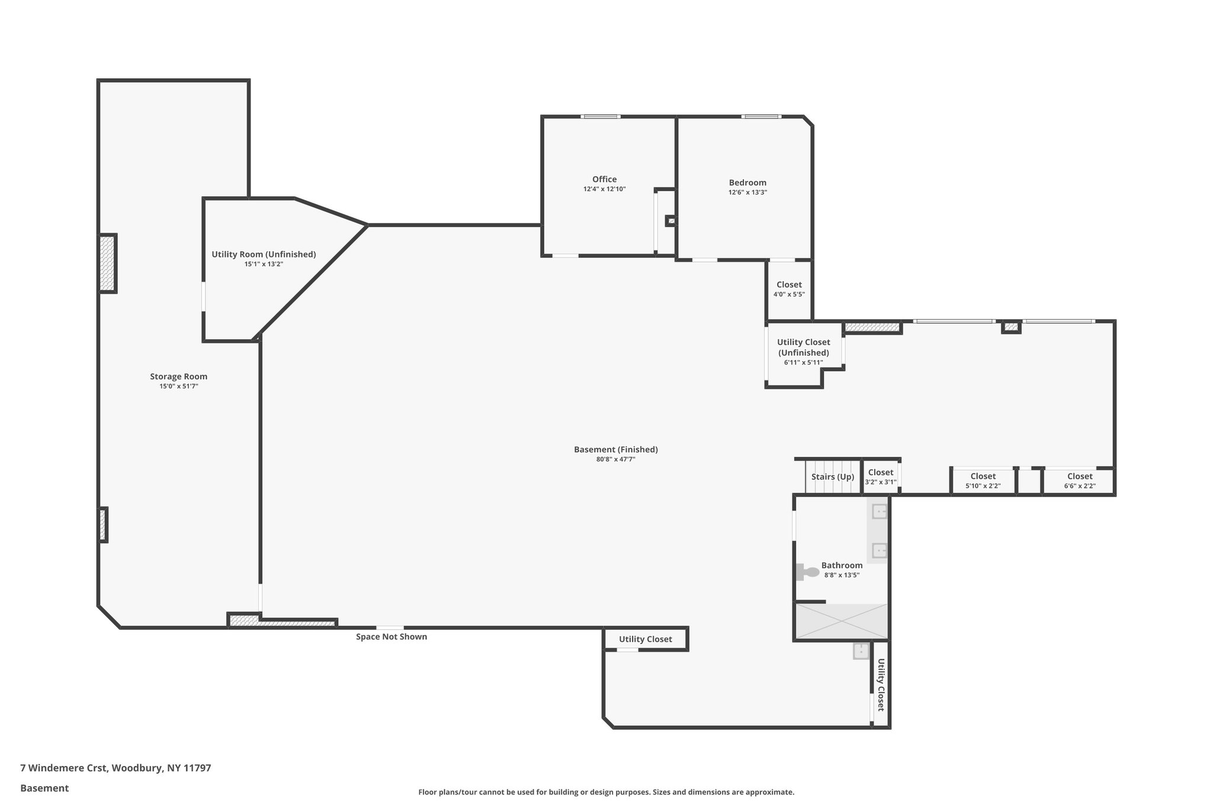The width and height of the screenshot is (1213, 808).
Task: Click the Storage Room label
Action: click(178, 376)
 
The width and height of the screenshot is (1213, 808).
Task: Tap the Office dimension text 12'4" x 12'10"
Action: click(604, 189)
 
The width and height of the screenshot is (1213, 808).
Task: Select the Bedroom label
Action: click(747, 182)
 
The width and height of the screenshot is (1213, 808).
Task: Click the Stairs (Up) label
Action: click(832, 477)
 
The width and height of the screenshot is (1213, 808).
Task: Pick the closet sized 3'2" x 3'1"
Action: click(880, 477)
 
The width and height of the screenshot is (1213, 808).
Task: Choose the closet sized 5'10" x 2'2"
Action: click(983, 480)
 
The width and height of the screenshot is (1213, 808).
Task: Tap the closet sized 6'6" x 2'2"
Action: click(1079, 480)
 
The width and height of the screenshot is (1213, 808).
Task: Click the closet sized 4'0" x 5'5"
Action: click(788, 289)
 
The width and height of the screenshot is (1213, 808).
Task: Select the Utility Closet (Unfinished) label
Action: click(803, 347)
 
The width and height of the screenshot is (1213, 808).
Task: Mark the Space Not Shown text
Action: click(391, 637)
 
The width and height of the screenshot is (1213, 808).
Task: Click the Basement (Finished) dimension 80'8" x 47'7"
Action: click(615, 459)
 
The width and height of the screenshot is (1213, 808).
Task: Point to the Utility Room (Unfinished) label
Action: click(264, 255)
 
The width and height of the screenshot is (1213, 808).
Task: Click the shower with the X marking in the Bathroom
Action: click(841, 622)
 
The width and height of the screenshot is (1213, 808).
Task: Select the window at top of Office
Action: click(600, 117)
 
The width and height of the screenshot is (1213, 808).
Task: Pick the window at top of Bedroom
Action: click(762, 117)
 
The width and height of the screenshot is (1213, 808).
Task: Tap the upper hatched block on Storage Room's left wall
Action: click(107, 263)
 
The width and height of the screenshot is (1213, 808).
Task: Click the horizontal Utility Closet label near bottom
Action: click(645, 639)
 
